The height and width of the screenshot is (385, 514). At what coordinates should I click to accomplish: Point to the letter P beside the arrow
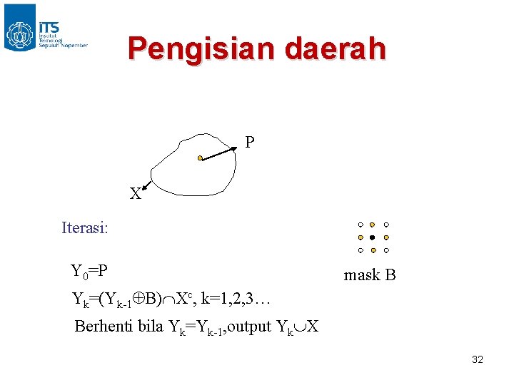250,143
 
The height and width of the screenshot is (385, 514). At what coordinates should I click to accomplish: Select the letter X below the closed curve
134,193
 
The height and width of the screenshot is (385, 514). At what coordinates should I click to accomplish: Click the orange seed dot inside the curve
201,158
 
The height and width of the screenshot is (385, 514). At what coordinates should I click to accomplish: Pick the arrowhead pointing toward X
145,188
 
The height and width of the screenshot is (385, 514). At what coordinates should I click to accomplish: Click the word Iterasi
85,229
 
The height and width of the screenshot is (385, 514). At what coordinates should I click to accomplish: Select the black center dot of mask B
373,237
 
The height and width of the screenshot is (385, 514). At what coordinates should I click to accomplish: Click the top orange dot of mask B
373,225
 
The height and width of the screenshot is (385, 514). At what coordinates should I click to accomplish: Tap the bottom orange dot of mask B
373,251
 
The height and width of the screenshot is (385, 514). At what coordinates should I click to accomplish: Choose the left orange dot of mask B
361,237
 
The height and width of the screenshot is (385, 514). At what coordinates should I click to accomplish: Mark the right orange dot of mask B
385,237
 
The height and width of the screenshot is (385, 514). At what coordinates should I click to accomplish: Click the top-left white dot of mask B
361,225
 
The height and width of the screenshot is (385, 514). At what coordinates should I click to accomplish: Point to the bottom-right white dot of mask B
385,251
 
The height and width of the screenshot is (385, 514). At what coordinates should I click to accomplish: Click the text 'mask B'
370,275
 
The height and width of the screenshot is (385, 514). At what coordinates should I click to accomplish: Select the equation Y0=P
89,272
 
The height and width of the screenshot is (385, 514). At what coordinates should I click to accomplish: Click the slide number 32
478,359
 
